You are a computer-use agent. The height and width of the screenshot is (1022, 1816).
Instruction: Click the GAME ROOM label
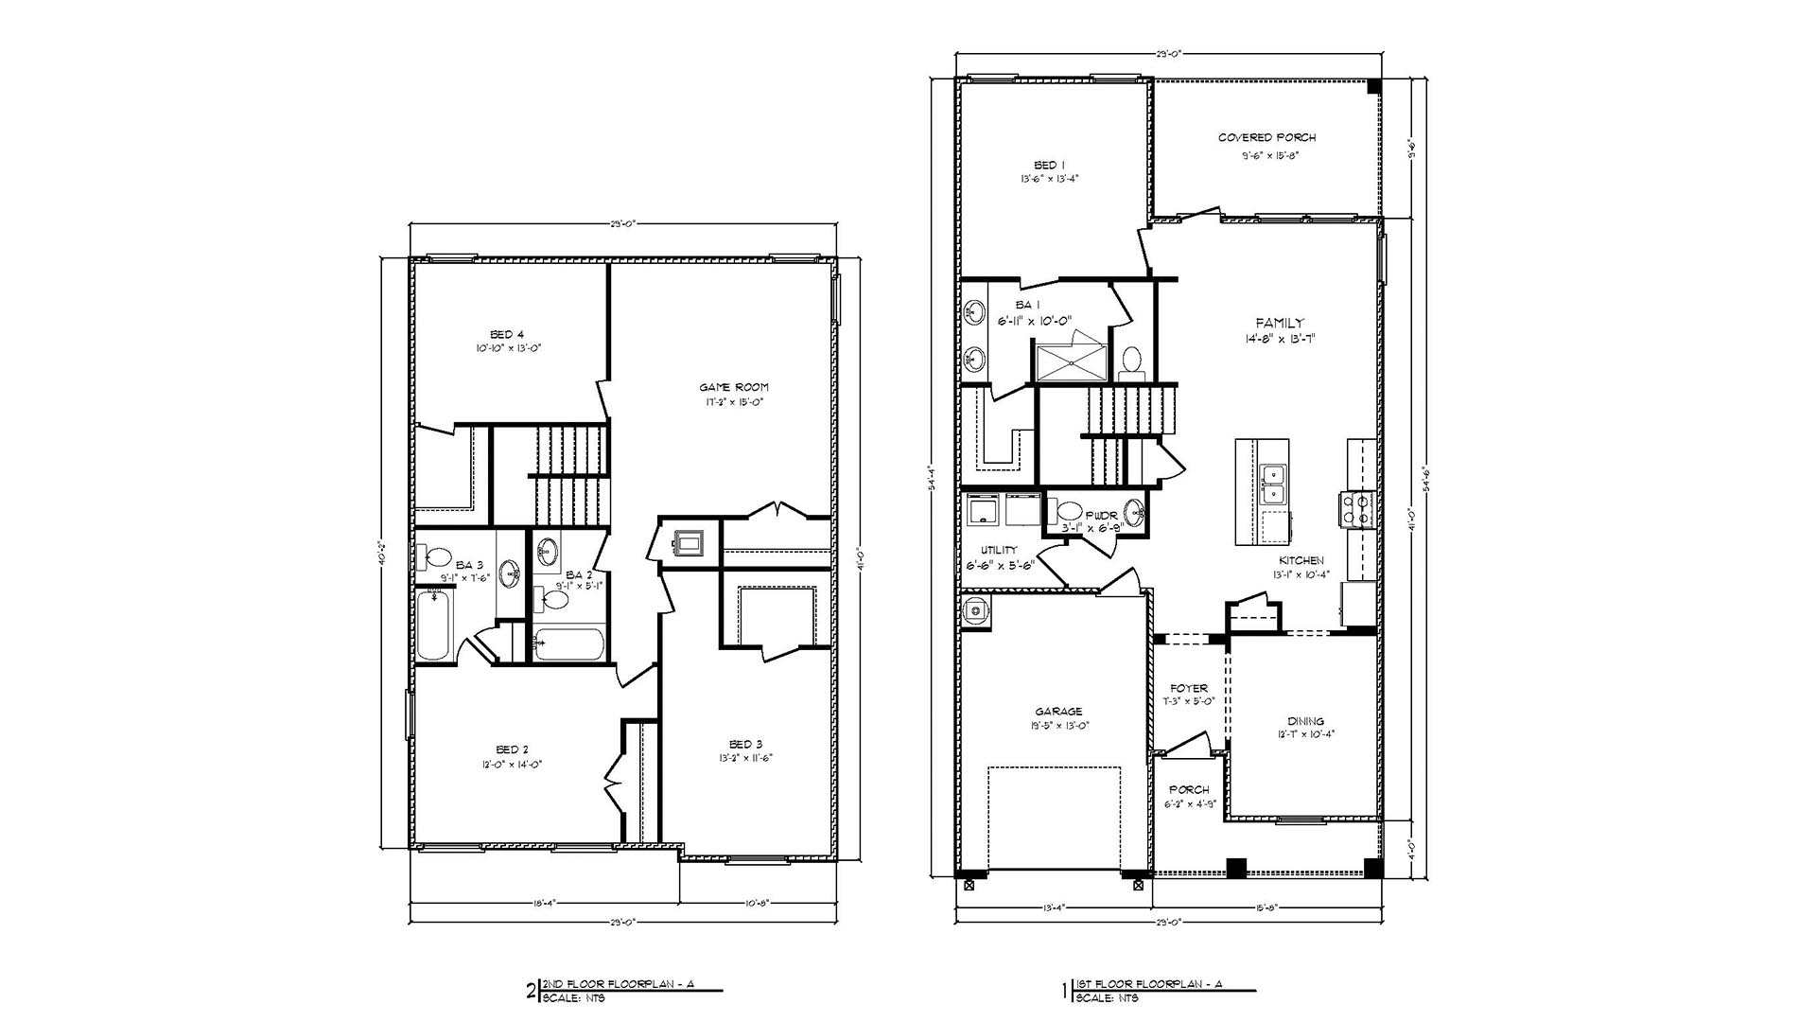click(734, 387)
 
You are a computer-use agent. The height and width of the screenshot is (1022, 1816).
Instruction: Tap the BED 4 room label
click(508, 334)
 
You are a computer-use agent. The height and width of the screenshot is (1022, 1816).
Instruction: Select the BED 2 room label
click(512, 749)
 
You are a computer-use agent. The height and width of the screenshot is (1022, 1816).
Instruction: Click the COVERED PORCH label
click(1266, 138)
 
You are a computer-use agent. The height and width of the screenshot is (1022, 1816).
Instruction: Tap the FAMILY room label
click(1279, 324)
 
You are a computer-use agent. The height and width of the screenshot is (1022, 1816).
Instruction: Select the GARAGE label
click(1058, 712)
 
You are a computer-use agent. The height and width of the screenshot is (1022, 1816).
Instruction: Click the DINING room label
click(1304, 721)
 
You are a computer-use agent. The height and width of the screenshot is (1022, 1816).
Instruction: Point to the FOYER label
click(1189, 689)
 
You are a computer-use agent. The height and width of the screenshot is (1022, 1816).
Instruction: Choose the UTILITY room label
click(999, 550)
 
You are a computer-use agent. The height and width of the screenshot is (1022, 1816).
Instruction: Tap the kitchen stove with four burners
click(1354, 509)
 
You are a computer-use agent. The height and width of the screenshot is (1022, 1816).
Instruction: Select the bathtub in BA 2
click(568, 644)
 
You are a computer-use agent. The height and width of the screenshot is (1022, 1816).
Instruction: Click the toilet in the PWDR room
click(1069, 511)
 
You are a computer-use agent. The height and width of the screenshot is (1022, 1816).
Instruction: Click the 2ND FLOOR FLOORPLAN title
click(616, 984)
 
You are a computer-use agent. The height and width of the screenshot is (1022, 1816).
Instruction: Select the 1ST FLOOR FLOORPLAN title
click(1149, 984)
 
